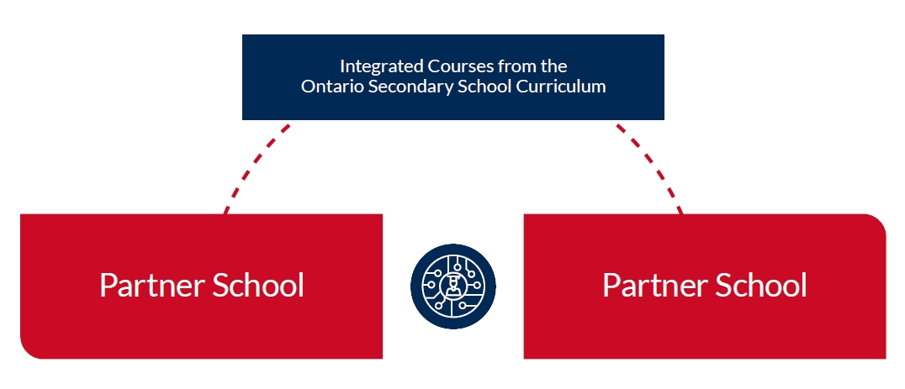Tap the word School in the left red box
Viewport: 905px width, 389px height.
pyautogui.click(x=258, y=284)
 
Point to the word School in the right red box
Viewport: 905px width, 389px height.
pyautogui.click(x=761, y=284)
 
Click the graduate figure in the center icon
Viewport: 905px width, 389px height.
pyautogui.click(x=453, y=286)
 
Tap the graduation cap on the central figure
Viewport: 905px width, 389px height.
pyautogui.click(x=453, y=280)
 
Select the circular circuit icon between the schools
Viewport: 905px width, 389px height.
pyautogui.click(x=453, y=286)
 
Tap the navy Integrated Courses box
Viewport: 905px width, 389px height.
pyautogui.click(x=453, y=77)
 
